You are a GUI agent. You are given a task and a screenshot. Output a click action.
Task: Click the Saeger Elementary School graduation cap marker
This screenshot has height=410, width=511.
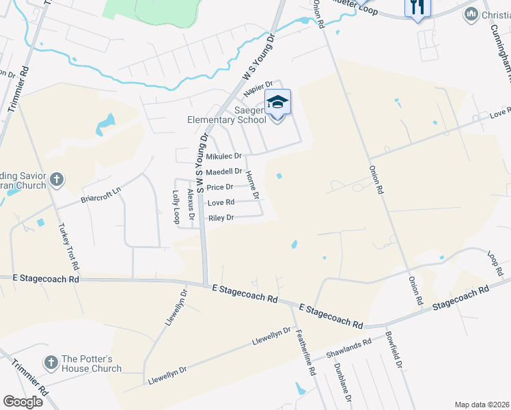(277, 102)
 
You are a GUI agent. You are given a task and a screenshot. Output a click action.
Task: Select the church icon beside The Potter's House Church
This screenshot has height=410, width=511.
(51, 362)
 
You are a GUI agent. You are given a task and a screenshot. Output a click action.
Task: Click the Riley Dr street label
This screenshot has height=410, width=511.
(221, 218)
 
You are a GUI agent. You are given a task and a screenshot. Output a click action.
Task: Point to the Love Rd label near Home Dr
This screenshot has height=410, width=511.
(221, 202)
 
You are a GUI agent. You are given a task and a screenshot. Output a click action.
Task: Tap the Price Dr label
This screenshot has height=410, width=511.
(220, 187)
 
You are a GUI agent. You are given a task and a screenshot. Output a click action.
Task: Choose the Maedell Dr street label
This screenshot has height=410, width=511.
(224, 172)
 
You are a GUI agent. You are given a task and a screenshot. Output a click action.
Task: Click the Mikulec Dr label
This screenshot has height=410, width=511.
(224, 156)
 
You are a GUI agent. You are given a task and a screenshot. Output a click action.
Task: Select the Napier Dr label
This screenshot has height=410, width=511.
(260, 85)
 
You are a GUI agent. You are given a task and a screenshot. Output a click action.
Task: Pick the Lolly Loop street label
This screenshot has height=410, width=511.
(176, 207)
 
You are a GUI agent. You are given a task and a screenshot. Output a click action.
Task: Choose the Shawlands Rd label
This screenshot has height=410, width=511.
(348, 348)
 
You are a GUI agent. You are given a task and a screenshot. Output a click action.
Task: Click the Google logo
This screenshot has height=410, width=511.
(23, 402)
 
